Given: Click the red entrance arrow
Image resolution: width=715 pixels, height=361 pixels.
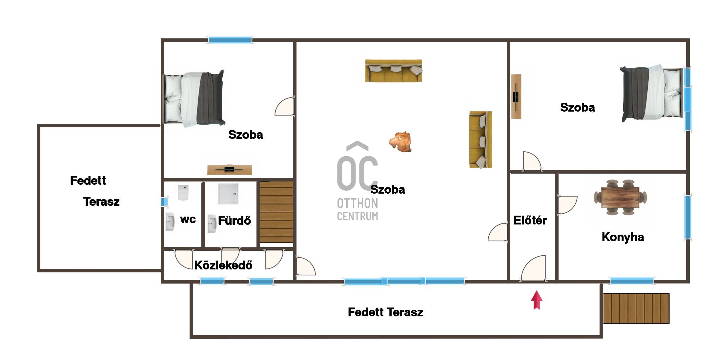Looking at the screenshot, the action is click(537, 300).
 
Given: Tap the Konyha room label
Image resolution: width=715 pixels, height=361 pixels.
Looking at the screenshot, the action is click(623, 237).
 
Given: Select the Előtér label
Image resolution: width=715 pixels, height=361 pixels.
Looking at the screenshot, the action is click(530, 220).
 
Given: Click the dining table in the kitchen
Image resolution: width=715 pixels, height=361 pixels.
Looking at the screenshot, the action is click(620, 197).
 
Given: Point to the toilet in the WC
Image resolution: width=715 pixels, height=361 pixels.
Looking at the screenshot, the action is click(183, 192).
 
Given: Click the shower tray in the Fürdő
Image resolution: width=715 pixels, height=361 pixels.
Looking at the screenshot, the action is click(228, 194).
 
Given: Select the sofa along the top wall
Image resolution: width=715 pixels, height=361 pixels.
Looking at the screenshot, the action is click(394, 70).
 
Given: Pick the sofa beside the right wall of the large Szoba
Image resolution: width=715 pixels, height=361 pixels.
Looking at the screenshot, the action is click(480, 139).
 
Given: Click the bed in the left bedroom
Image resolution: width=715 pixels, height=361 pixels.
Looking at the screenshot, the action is click(194, 99).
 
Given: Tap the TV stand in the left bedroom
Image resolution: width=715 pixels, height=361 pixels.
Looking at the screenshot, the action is click(230, 169).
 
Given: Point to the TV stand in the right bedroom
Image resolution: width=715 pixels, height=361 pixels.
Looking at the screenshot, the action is click(516, 96).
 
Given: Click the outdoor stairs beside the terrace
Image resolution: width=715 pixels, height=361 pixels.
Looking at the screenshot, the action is click(636, 308).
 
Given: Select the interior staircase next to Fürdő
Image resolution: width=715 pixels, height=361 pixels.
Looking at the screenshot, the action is click(276, 212).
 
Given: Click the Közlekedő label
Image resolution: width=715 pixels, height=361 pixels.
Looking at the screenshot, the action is click(223, 265).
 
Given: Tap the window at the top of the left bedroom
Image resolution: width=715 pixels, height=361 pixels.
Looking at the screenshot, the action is click(230, 40).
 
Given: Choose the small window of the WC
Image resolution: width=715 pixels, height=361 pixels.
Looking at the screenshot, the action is click(164, 202).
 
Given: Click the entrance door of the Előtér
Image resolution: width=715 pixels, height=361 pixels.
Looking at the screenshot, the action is click(533, 268).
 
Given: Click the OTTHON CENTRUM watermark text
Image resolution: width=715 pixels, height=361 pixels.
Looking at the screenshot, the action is click(357, 209).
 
